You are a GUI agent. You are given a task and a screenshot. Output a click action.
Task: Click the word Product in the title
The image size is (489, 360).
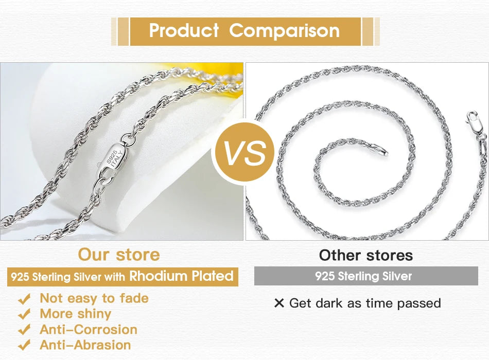pyautogui.click(x=184, y=30)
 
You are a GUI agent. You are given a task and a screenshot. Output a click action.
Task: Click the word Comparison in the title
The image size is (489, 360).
pyautogui.click(x=284, y=30)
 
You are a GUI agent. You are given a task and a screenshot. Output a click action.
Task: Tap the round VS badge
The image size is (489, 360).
pyautogui.click(x=244, y=152)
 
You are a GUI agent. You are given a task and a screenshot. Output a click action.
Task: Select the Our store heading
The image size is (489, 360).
pyautogui.click(x=119, y=254)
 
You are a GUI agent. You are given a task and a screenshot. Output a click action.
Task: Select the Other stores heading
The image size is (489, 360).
pyautogui.click(x=365, y=255)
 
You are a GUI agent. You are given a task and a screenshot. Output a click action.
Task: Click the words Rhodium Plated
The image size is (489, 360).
pyautogui.click(x=181, y=276)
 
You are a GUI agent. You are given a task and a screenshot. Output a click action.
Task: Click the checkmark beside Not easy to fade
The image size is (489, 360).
pyautogui.click(x=24, y=299)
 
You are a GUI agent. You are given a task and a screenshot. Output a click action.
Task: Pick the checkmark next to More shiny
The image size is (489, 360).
pyautogui.click(x=24, y=314)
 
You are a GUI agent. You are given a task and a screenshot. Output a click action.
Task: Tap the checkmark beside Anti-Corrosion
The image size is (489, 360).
pyautogui.click(x=24, y=330)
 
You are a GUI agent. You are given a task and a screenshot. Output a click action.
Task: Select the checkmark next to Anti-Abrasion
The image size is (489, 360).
pyautogui.click(x=24, y=345)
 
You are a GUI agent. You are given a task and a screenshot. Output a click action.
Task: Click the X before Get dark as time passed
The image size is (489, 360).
pyautogui.click(x=279, y=303)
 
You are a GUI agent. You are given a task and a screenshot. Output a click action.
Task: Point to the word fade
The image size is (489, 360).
pyautogui.click(x=134, y=298)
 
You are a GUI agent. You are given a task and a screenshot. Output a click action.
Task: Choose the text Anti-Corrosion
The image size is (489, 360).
pyautogui.click(x=88, y=329)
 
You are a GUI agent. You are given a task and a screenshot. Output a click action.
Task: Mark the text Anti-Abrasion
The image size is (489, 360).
pyautogui.click(x=85, y=345)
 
